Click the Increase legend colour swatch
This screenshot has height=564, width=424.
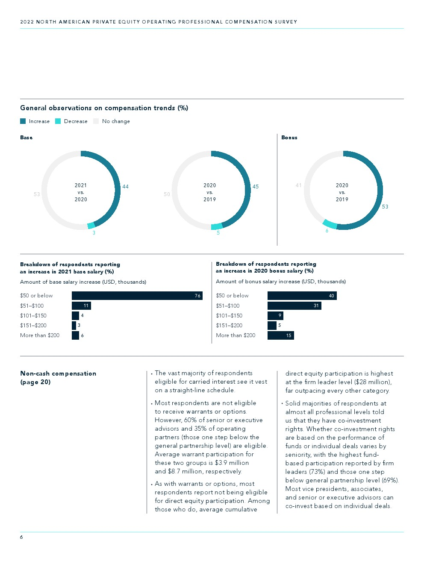tap(23, 121)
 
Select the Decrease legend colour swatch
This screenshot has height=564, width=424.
tap(58, 121)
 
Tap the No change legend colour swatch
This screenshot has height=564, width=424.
tap(96, 121)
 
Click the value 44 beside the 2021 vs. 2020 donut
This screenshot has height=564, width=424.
tap(125, 187)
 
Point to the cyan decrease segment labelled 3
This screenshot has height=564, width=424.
tap(91, 226)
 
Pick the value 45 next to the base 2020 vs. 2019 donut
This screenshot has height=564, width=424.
tap(256, 187)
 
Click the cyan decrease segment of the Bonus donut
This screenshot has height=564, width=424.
tap(330, 224)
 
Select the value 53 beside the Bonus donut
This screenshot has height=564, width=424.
tap(385, 206)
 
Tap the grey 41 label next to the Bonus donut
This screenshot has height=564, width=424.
tap(298, 185)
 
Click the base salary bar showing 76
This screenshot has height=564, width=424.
tap(137, 296)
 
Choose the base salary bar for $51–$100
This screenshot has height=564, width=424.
tap(81, 306)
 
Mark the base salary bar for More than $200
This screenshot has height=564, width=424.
tap(75, 335)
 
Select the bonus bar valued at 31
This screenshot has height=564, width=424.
tap(294, 306)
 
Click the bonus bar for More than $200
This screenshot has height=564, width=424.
tap(281, 335)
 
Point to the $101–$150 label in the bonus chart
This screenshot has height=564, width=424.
tap(229, 315)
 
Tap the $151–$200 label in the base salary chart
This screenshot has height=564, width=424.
tap(33, 326)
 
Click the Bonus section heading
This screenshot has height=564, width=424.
tap(289, 138)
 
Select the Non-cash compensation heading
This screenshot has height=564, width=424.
tap(58, 373)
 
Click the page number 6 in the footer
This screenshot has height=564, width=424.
tap(21, 537)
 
